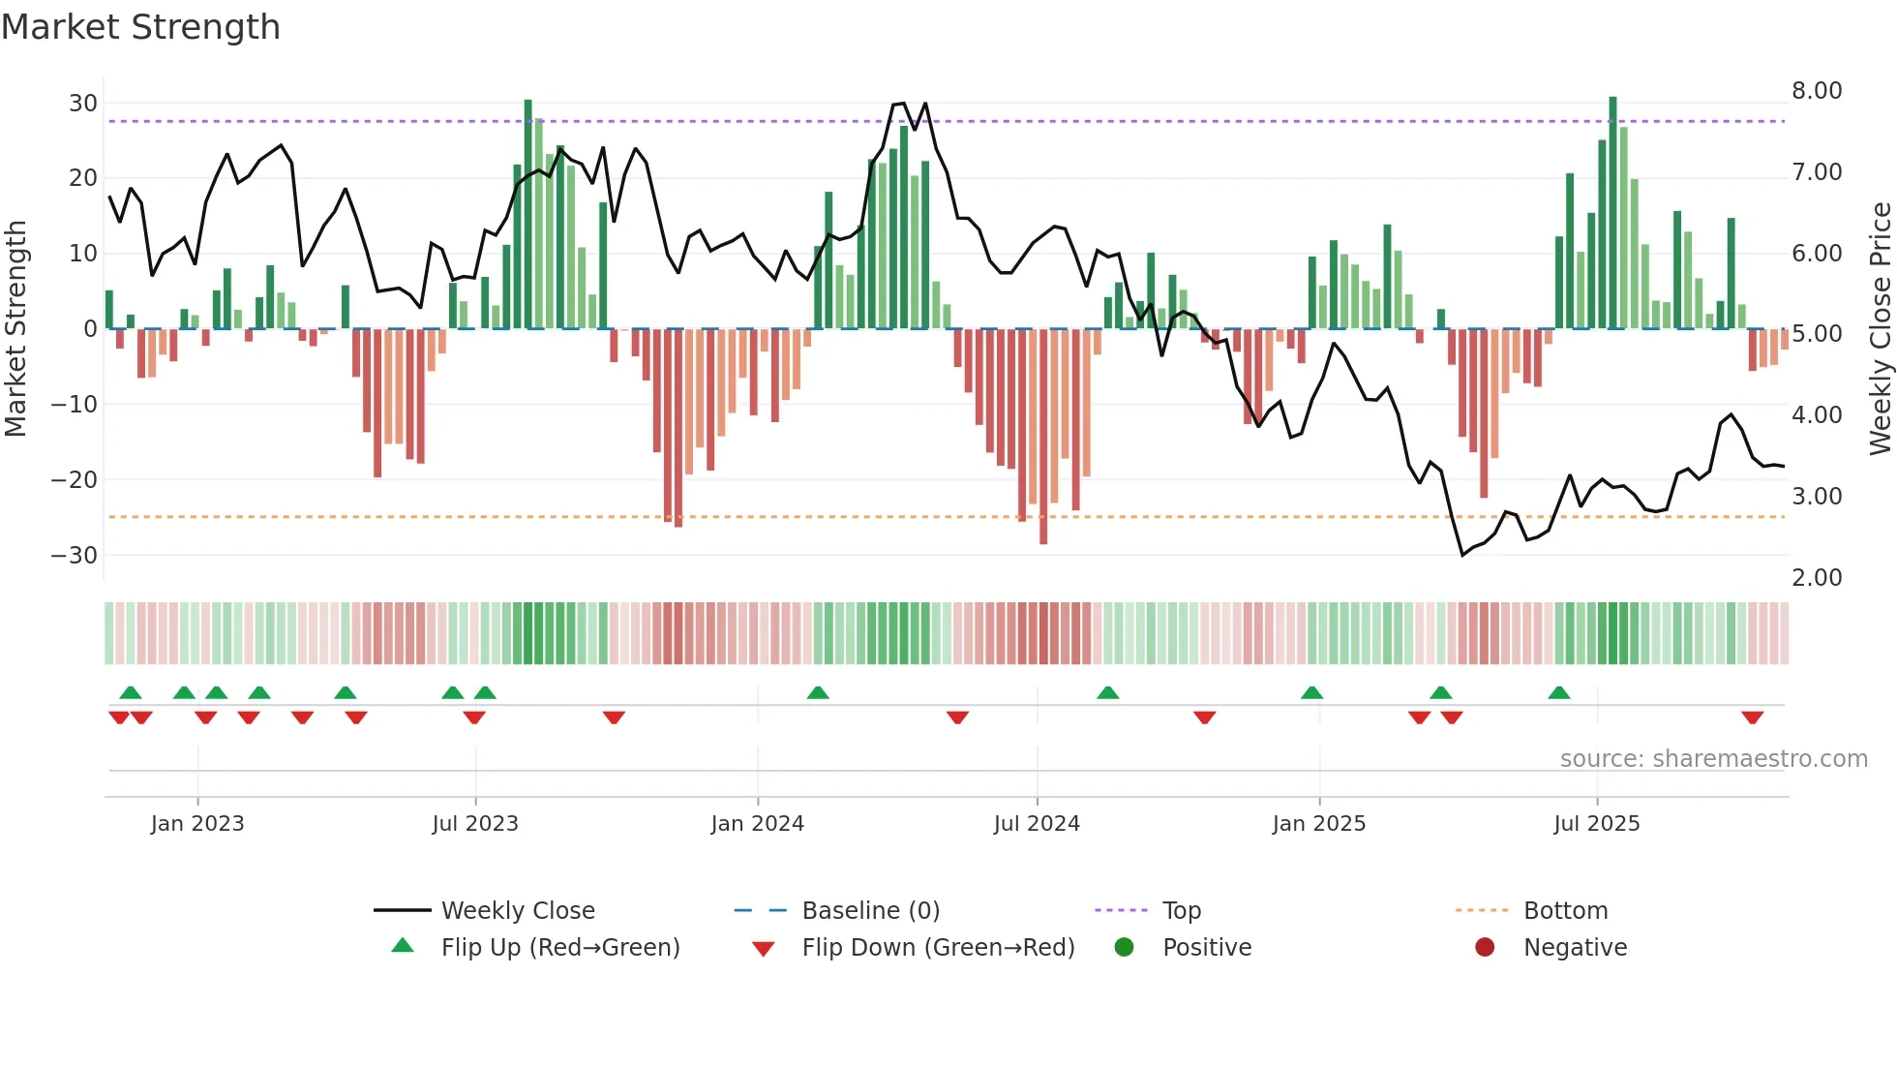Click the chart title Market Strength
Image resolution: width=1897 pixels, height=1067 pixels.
pos(140,27)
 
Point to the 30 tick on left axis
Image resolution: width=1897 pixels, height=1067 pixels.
pos(83,104)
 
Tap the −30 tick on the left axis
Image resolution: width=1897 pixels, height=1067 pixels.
pos(75,556)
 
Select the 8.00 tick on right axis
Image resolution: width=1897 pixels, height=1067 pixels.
pos(1817,91)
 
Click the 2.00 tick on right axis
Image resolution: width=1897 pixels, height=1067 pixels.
pos(1817,578)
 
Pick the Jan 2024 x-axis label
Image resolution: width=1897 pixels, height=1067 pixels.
pos(757,824)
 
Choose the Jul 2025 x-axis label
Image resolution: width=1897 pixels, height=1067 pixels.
pos(1596,824)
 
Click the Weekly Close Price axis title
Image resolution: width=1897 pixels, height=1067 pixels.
pos(1880,329)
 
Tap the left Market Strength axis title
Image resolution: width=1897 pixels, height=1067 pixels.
pos(15,329)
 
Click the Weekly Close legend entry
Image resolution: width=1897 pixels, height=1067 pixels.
pos(518,911)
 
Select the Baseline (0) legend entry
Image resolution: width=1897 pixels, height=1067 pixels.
pos(870,911)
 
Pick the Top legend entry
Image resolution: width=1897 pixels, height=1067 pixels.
pos(1181,911)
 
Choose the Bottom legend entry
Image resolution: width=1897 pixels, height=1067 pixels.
pos(1565,911)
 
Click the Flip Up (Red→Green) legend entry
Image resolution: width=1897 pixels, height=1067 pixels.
pos(560,948)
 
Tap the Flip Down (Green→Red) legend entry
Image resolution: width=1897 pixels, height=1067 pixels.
pos(938,948)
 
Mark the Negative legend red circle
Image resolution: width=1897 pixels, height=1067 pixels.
pos(1485,947)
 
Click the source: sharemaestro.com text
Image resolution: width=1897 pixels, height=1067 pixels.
pos(1713,759)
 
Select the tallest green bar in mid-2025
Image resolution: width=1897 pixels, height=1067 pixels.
pos(1612,213)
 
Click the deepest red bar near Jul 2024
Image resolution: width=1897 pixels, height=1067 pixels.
pos(1043,436)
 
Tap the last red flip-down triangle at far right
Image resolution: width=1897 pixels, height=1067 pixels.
pos(1752,717)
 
